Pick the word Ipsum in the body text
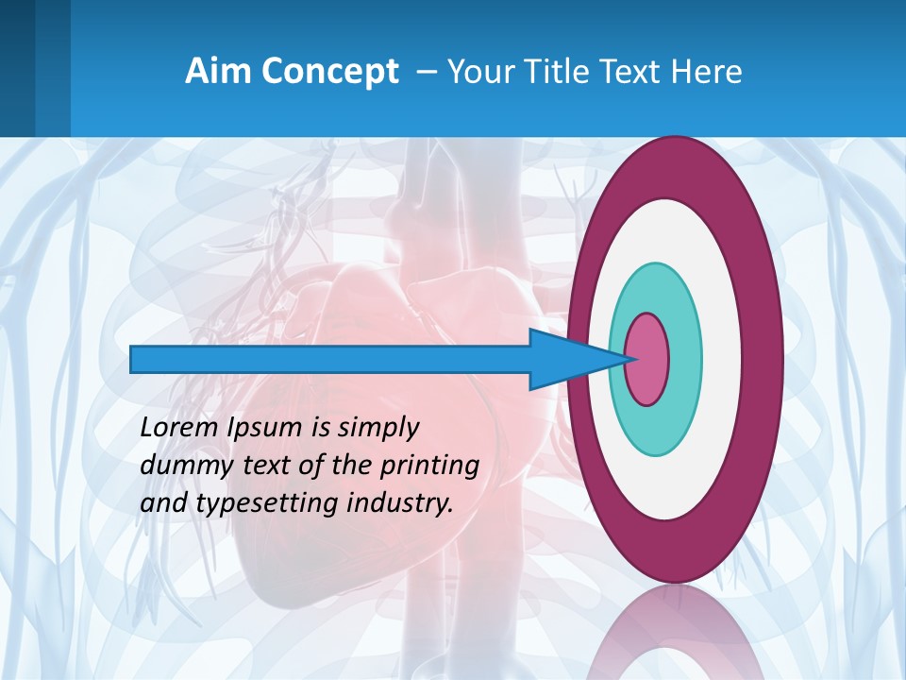tap(265, 428)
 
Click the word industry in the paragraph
tap(396, 502)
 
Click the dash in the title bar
tap(426, 72)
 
